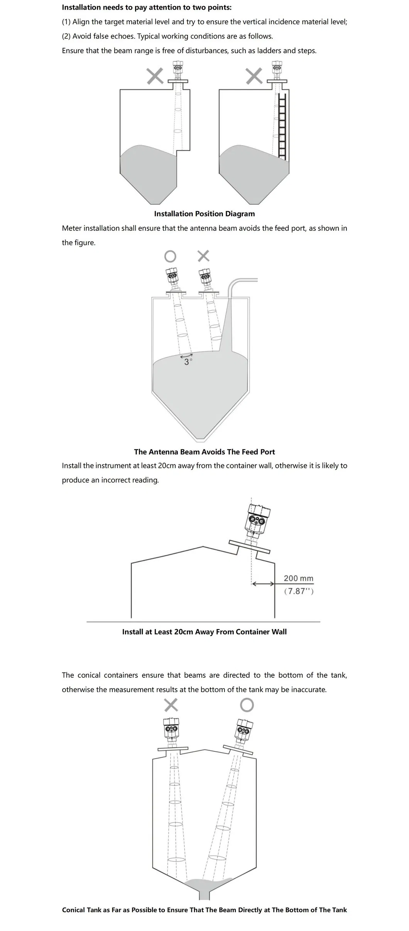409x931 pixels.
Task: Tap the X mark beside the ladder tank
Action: pyautogui.click(x=254, y=76)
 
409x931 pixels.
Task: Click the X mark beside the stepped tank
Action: pyautogui.click(x=155, y=76)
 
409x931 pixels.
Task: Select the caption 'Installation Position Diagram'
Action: pyautogui.click(x=204, y=214)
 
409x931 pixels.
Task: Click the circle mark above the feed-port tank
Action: pyautogui.click(x=170, y=256)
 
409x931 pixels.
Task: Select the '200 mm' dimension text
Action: pyautogui.click(x=298, y=578)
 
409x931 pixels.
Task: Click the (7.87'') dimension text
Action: pyautogui.click(x=298, y=591)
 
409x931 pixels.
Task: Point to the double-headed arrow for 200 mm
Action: pyautogui.click(x=263, y=584)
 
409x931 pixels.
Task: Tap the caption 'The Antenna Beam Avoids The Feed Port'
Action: pyautogui.click(x=204, y=452)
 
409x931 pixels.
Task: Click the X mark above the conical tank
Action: pyautogui.click(x=171, y=705)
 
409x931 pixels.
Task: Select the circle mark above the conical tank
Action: pyautogui.click(x=247, y=705)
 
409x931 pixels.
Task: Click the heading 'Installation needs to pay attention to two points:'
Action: pyautogui.click(x=147, y=7)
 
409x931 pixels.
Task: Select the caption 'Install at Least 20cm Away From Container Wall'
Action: pyautogui.click(x=204, y=632)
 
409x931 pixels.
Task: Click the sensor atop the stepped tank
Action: pyautogui.click(x=178, y=69)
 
